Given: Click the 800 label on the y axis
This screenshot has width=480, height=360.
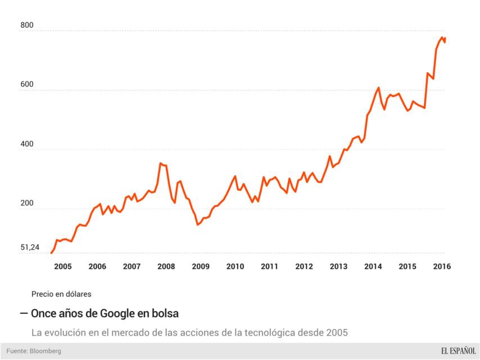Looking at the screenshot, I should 26,25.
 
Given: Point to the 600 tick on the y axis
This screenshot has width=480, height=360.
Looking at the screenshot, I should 26,84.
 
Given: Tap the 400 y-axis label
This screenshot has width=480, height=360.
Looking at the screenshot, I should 26,144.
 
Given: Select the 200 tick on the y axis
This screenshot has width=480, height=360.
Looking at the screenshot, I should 26,203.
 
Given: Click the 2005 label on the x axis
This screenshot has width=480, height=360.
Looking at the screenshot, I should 62,267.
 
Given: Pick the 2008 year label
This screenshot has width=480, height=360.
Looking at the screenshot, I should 166,267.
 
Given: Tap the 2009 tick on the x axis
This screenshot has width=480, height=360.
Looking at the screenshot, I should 201,267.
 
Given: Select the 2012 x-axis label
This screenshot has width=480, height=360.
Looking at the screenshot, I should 304,267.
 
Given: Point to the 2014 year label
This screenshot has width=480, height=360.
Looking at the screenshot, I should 373,267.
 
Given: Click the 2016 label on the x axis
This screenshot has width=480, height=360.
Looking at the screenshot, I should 442,267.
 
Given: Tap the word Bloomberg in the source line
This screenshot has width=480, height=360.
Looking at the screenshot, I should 46,351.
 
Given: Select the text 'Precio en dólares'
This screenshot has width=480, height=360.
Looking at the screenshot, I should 61,294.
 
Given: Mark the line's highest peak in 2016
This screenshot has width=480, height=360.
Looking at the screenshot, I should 442,37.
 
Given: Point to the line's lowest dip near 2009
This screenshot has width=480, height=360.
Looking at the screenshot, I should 197,224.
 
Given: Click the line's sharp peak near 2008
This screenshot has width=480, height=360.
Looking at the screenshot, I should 161,163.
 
